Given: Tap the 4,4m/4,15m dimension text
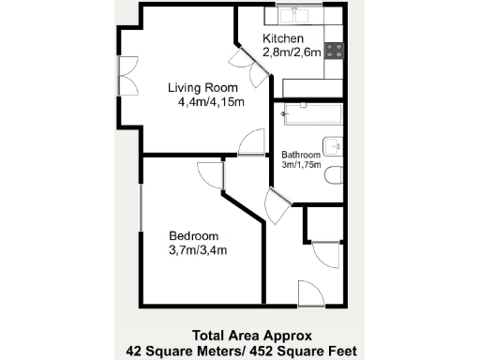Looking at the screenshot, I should click(x=211, y=102).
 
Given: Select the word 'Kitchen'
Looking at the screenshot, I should click(x=283, y=38).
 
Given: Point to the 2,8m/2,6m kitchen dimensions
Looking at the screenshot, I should click(x=292, y=52).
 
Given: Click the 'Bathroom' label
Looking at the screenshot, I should click(x=301, y=154).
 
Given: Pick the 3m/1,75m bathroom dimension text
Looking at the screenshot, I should click(x=301, y=164).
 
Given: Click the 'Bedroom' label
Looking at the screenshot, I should click(x=194, y=235).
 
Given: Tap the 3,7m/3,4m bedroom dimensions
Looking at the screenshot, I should click(x=198, y=249).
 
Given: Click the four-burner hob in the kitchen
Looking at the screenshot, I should click(x=335, y=51).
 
